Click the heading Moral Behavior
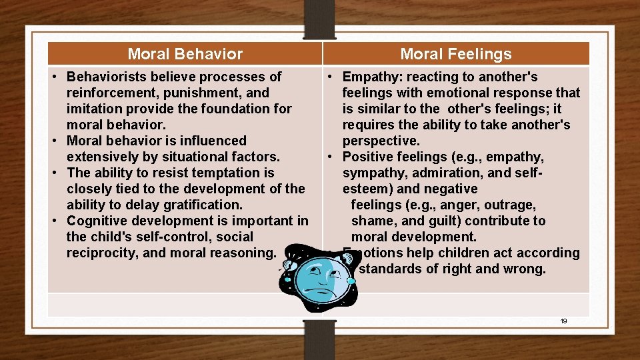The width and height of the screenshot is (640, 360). click(185, 54)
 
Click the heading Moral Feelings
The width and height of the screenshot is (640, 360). click(456, 54)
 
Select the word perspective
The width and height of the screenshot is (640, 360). click(380, 141)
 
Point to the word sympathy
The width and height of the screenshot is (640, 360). click(371, 173)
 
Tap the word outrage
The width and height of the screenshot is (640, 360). click(512, 205)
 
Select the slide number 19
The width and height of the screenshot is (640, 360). click(563, 321)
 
